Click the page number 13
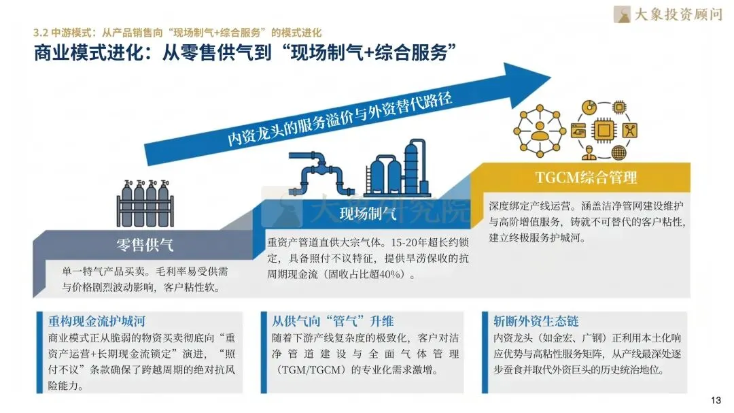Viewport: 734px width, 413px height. pos(715,400)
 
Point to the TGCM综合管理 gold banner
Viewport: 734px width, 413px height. pos(586,178)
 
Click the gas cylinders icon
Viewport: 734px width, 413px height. pos(145,203)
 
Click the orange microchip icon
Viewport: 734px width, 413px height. pos(603,129)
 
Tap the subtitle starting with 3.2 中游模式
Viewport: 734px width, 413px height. pos(177,32)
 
